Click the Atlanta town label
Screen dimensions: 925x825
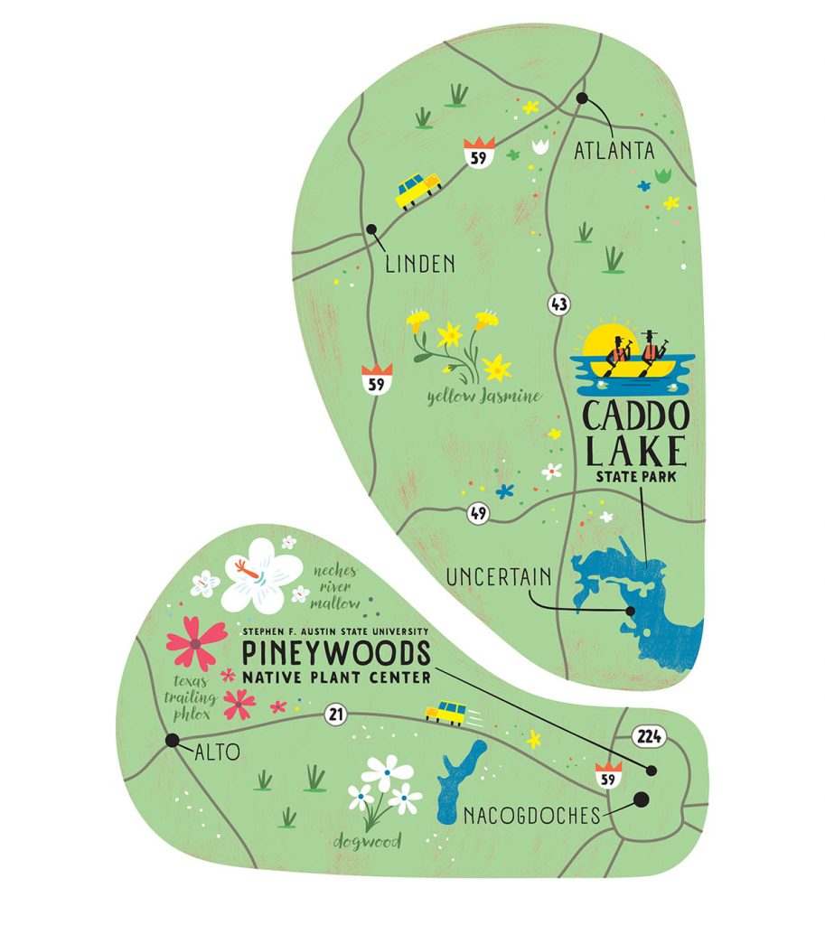(614, 151)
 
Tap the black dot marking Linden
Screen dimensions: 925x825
(370, 229)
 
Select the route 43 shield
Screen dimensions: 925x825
(558, 304)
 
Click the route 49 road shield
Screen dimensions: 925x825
(477, 515)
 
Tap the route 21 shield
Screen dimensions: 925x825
(336, 715)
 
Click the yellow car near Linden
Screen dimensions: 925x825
(417, 190)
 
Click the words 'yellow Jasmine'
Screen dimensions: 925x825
(483, 395)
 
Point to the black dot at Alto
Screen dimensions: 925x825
(172, 741)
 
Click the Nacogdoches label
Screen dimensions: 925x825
(531, 817)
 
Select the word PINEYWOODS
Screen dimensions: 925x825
(333, 652)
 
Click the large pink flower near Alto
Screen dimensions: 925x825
(195, 641)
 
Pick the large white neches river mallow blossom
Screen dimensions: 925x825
(261, 575)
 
